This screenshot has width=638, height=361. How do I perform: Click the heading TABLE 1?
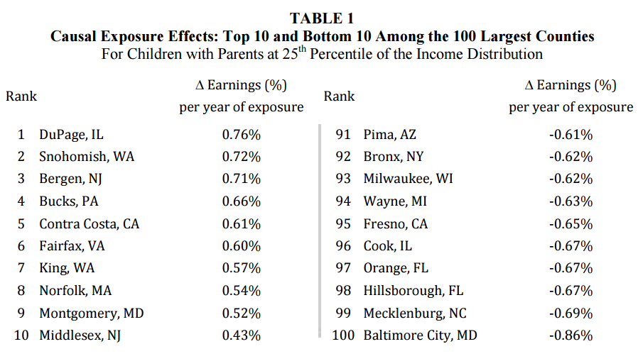pyautogui.click(x=322, y=18)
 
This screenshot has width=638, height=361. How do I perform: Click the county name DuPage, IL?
pyautogui.click(x=71, y=134)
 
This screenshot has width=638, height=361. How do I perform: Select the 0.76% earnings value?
pyautogui.click(x=241, y=134)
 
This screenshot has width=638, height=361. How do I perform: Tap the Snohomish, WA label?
pyautogui.click(x=87, y=156)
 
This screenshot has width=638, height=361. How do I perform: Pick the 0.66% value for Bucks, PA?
pyautogui.click(x=241, y=201)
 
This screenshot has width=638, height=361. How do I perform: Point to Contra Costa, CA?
pyautogui.click(x=89, y=223)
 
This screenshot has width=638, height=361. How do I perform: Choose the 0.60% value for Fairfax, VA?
pyautogui.click(x=241, y=246)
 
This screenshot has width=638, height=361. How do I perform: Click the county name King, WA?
pyautogui.click(x=67, y=268)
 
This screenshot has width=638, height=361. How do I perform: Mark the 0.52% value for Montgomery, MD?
pyautogui.click(x=241, y=313)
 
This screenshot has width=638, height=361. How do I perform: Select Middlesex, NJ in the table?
pyautogui.click(x=80, y=335)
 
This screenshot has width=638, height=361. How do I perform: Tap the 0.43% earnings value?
pyautogui.click(x=241, y=335)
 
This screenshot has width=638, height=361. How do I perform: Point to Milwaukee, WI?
pyautogui.click(x=408, y=179)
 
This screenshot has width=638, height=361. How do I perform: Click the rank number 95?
pyautogui.click(x=345, y=223)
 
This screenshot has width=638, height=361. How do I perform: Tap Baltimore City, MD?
pyautogui.click(x=420, y=335)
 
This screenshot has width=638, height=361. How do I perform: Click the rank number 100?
pyautogui.click(x=343, y=335)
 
